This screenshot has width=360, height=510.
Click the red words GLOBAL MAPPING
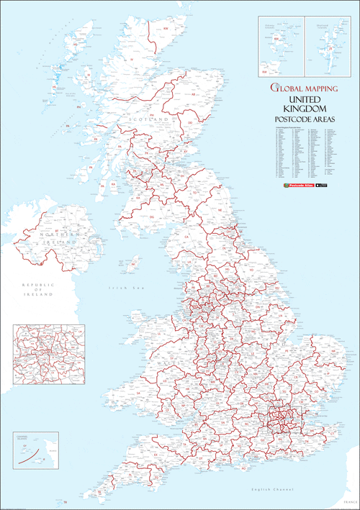[301, 88]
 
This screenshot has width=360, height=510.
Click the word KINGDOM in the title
[301, 108]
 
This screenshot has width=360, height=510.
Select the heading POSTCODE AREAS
[301, 119]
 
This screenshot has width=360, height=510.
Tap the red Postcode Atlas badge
[296, 186]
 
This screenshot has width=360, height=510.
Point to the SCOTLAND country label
[148, 119]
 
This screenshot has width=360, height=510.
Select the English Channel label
[268, 491]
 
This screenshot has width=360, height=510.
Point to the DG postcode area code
[152, 217]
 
